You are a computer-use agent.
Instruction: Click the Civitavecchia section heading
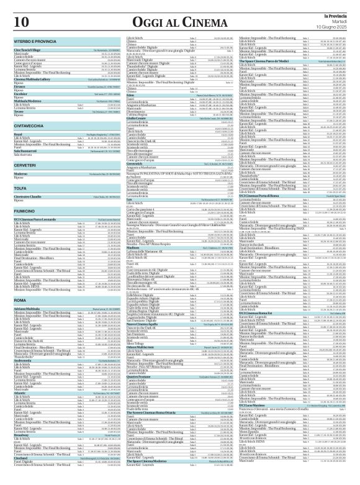point(30,123)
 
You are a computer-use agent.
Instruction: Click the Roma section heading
point(19,301)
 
